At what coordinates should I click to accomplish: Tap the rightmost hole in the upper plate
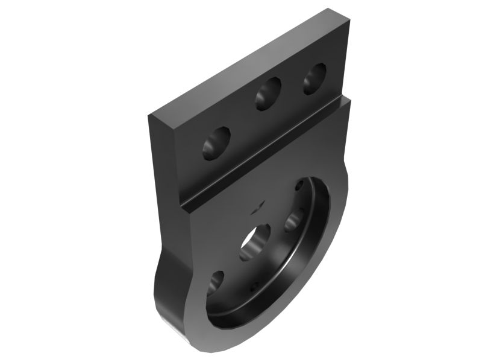tap(313, 79)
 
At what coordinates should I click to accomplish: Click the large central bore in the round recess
tap(254, 241)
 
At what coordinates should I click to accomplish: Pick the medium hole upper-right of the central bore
tap(295, 218)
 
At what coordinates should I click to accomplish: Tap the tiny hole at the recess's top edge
tap(299, 186)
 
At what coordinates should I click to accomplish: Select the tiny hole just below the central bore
tap(254, 285)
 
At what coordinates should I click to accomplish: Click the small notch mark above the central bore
tap(257, 206)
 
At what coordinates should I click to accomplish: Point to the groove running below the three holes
tap(265, 151)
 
